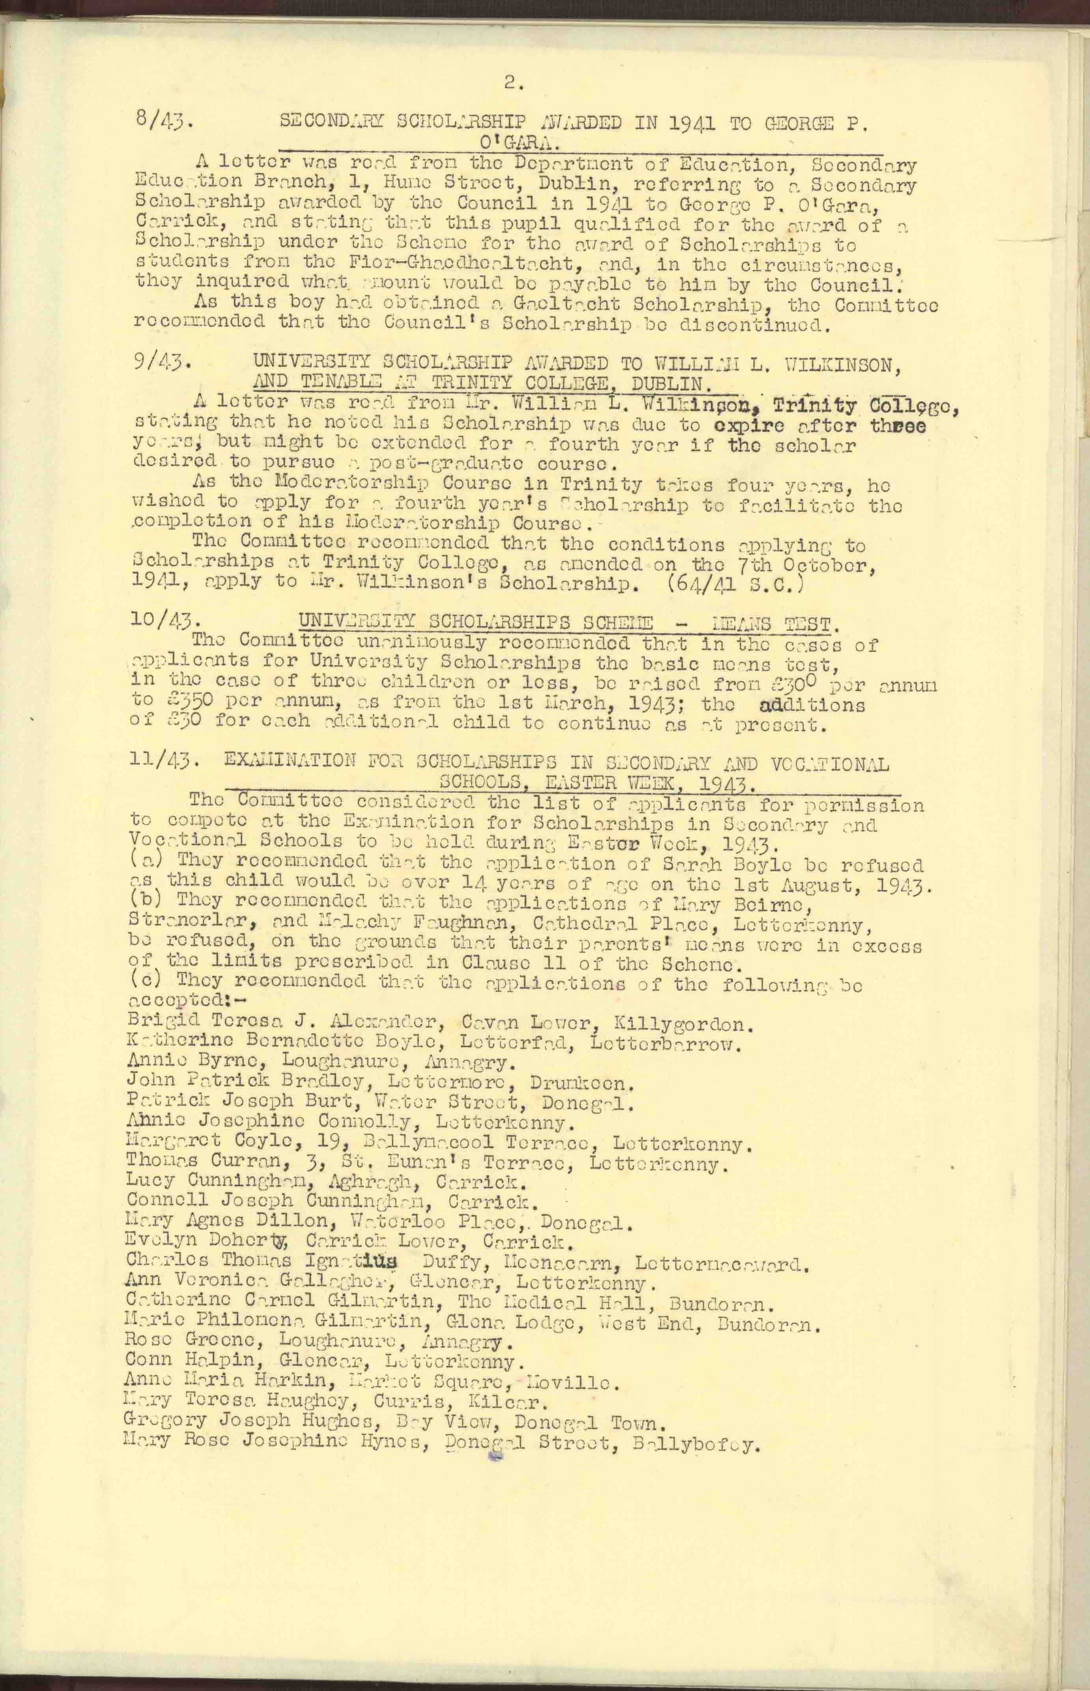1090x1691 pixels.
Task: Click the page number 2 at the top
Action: [x=512, y=84]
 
